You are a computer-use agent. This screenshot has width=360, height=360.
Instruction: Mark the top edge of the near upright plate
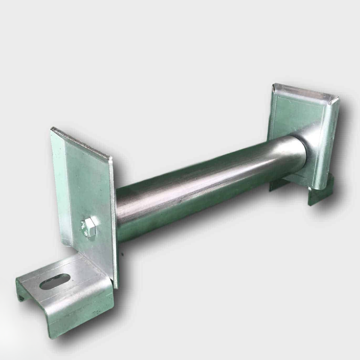pos(81,142)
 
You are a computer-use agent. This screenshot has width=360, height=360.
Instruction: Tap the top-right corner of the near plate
pos(111,157)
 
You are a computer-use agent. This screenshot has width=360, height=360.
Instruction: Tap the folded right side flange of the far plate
pos(330,141)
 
